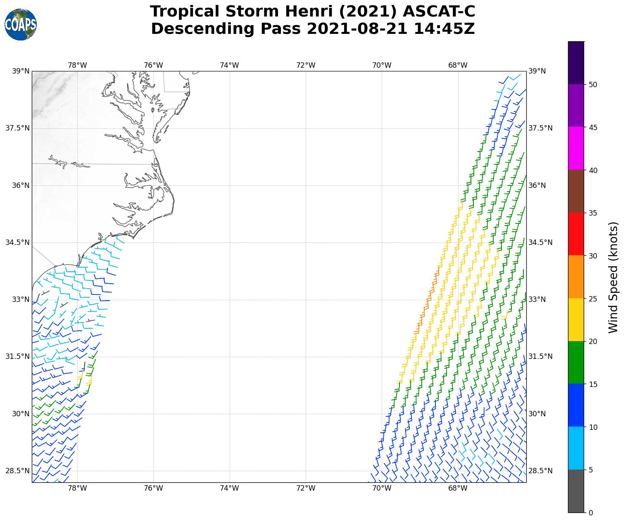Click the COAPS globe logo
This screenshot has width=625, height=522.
(x=21, y=25)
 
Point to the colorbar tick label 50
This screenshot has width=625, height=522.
(x=593, y=85)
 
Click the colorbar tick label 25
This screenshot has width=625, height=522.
(x=593, y=299)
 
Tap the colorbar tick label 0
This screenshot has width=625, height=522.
(x=591, y=513)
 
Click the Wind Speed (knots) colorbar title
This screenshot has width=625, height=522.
(x=614, y=277)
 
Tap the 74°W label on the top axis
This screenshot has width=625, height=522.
(x=229, y=65)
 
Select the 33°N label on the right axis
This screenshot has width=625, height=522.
(x=537, y=299)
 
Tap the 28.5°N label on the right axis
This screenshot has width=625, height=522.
(x=540, y=471)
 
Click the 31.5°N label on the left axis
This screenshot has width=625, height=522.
(x=17, y=356)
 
